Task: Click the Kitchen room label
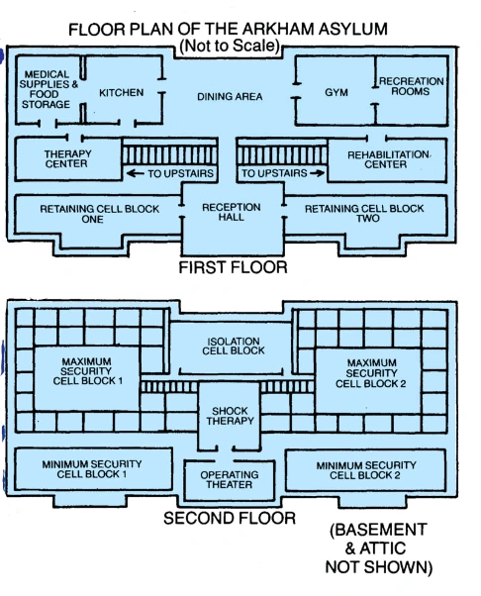pyautogui.click(x=121, y=93)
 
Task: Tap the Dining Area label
pyautogui.click(x=230, y=97)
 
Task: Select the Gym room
pyautogui.click(x=336, y=90)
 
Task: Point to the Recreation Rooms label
pyautogui.click(x=411, y=86)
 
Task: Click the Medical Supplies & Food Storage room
pyautogui.click(x=48, y=90)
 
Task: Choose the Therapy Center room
pyautogui.click(x=68, y=158)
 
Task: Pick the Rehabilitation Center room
pyautogui.click(x=387, y=160)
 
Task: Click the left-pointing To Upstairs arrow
pyautogui.click(x=135, y=173)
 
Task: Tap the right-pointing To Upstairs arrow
pyautogui.click(x=318, y=173)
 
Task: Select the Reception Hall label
pyautogui.click(x=231, y=212)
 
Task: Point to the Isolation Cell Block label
pyautogui.click(x=233, y=346)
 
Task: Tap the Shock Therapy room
pyautogui.click(x=229, y=416)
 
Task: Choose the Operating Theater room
pyautogui.click(x=229, y=480)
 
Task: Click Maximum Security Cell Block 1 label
pyautogui.click(x=87, y=371)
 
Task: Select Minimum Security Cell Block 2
pyautogui.click(x=365, y=470)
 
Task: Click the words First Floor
pyautogui.click(x=233, y=267)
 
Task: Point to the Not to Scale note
pyautogui.click(x=230, y=46)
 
